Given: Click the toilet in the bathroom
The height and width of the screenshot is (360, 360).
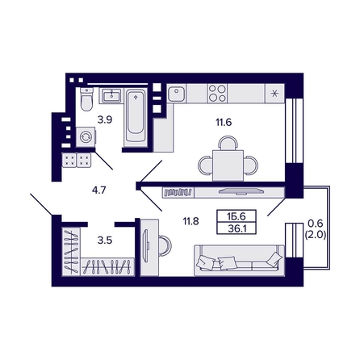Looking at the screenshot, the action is click(86, 99).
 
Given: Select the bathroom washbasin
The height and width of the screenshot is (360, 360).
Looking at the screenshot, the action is click(111, 95).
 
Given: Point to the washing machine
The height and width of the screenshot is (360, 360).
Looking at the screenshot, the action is click(86, 137).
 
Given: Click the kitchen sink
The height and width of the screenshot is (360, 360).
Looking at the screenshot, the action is click(177, 93).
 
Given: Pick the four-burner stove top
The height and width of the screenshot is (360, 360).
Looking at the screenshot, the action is click(217, 93).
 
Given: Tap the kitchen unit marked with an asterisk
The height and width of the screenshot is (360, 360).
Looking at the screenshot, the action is click(274, 94).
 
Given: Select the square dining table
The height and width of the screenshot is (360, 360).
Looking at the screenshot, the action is click(228, 165).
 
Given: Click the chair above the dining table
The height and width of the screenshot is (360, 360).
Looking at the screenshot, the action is click(228, 143).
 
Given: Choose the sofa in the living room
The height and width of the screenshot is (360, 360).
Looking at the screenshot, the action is click(239, 260).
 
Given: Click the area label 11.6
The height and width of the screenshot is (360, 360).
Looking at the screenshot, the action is click(224, 123).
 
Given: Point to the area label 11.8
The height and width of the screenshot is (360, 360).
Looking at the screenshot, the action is click(190, 221).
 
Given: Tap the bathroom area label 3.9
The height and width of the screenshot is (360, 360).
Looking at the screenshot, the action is click(105, 119).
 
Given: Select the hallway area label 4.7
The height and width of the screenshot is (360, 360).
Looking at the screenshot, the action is click(99, 190).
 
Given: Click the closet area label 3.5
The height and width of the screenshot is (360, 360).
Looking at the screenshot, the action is click(105, 241).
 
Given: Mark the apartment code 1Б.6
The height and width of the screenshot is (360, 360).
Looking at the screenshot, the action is click(237, 216).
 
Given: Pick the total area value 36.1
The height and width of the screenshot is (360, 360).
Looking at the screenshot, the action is click(237, 228).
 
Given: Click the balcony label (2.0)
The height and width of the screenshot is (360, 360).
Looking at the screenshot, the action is click(316, 235).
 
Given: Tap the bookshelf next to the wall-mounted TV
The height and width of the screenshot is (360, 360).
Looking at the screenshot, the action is click(178, 192).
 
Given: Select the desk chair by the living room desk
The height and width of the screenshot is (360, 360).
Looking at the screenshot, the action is click(165, 245).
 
